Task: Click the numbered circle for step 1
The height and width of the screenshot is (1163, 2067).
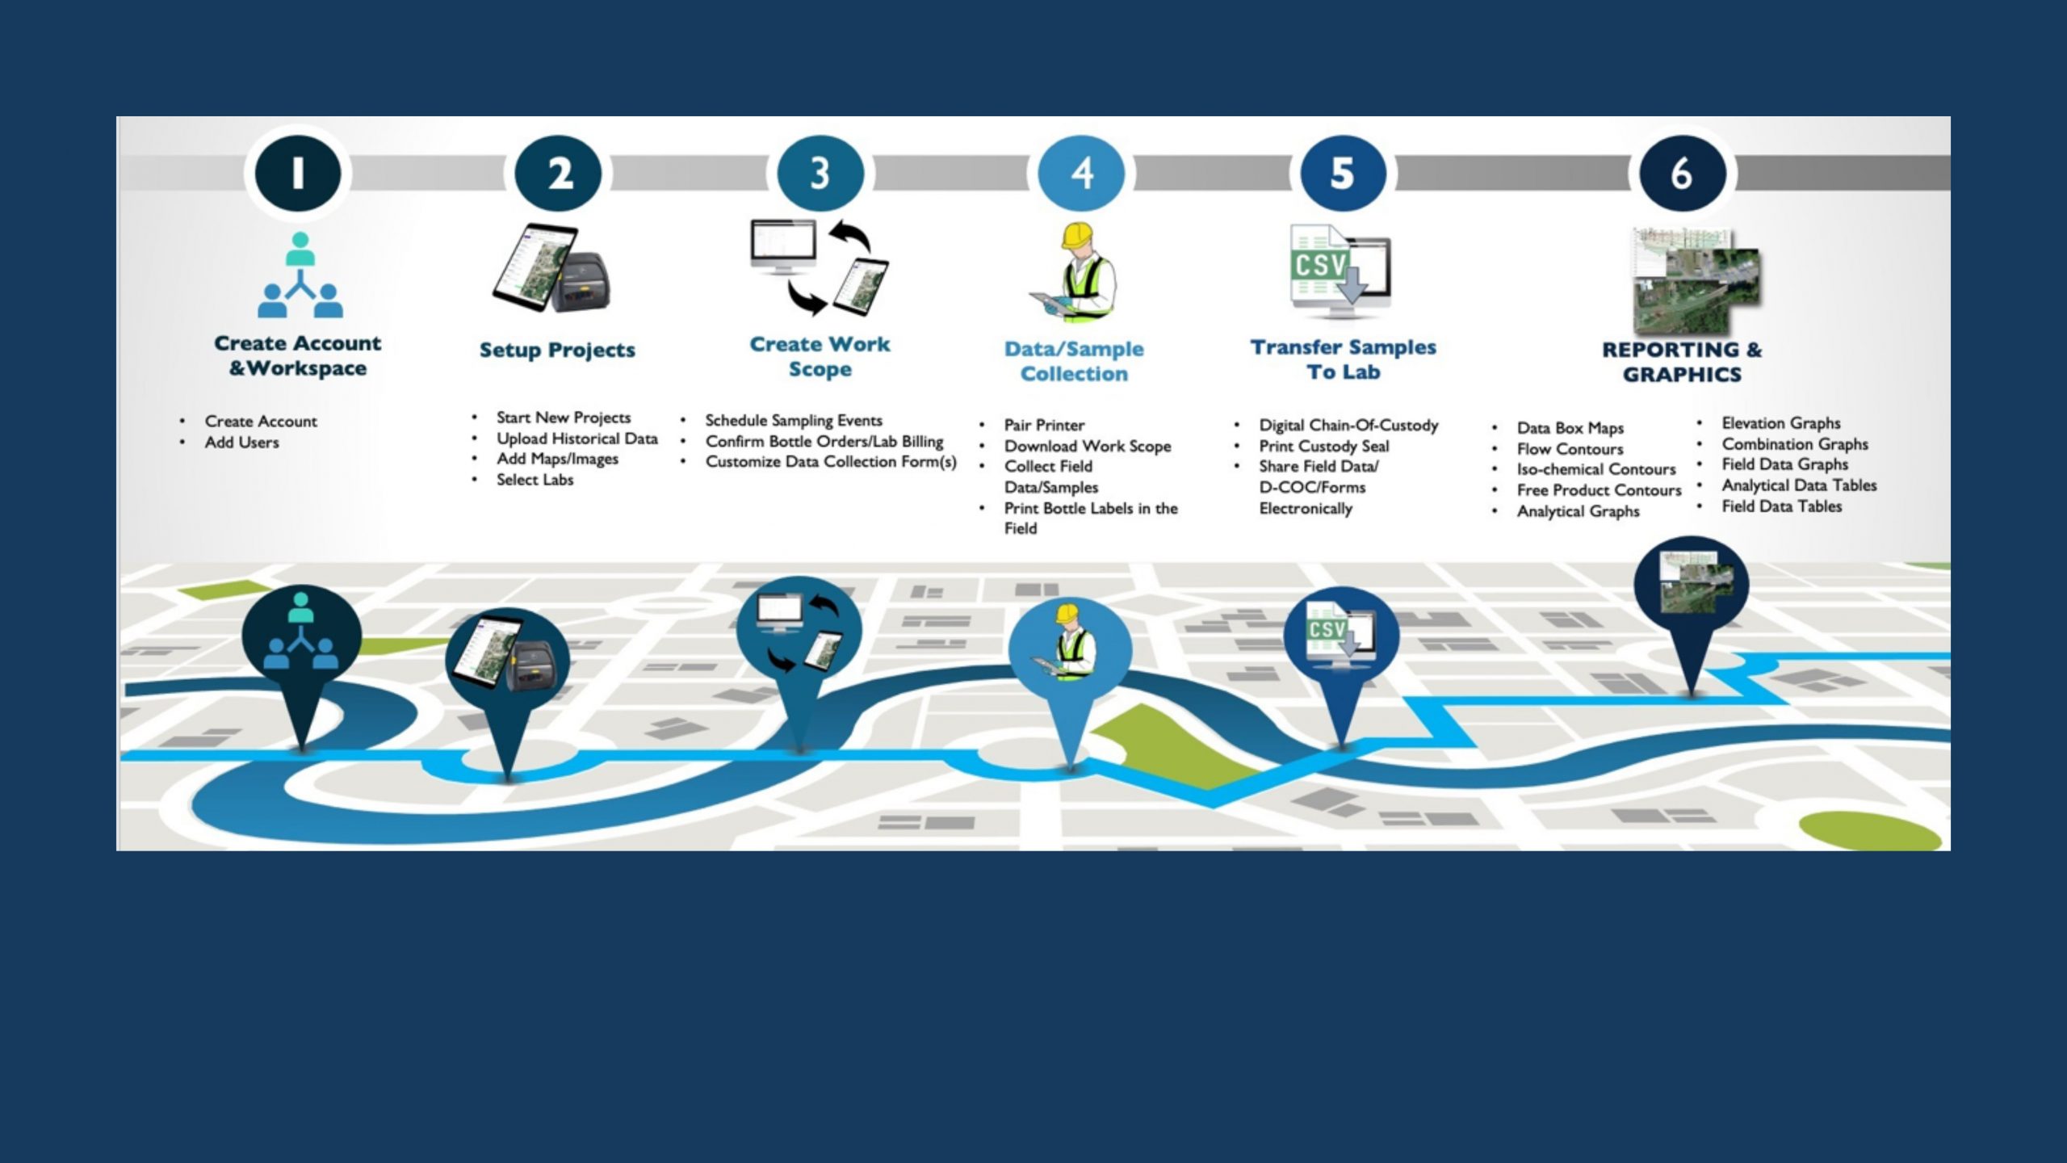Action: pyautogui.click(x=298, y=173)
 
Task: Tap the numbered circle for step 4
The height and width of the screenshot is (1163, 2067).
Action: pyautogui.click(x=1081, y=173)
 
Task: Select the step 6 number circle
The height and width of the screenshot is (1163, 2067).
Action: pyautogui.click(x=1682, y=173)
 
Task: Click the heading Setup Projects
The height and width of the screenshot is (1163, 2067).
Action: pyautogui.click(x=557, y=350)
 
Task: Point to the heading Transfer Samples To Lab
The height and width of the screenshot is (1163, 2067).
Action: pyautogui.click(x=1343, y=359)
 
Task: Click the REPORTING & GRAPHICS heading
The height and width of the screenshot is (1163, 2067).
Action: pyautogui.click(x=1682, y=362)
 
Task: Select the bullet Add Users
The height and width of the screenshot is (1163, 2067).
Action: pyautogui.click(x=241, y=443)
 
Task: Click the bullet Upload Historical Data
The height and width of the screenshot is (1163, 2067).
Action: pyautogui.click(x=576, y=439)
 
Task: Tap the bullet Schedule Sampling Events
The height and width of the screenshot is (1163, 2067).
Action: pyautogui.click(x=793, y=420)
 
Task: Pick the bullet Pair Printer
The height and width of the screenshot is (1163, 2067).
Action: pyautogui.click(x=1043, y=425)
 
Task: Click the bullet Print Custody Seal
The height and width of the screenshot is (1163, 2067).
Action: pyautogui.click(x=1323, y=446)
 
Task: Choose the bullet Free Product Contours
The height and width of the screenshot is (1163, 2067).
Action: pyautogui.click(x=1598, y=490)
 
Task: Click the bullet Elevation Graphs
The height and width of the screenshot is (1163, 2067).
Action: pyautogui.click(x=1780, y=423)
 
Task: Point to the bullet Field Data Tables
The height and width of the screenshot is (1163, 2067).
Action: pyautogui.click(x=1781, y=506)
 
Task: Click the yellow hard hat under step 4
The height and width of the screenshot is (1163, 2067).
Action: pyautogui.click(x=1077, y=235)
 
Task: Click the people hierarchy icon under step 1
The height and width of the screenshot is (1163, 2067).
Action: pyautogui.click(x=300, y=275)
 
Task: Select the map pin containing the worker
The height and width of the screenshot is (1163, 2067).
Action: pyautogui.click(x=1070, y=654)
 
